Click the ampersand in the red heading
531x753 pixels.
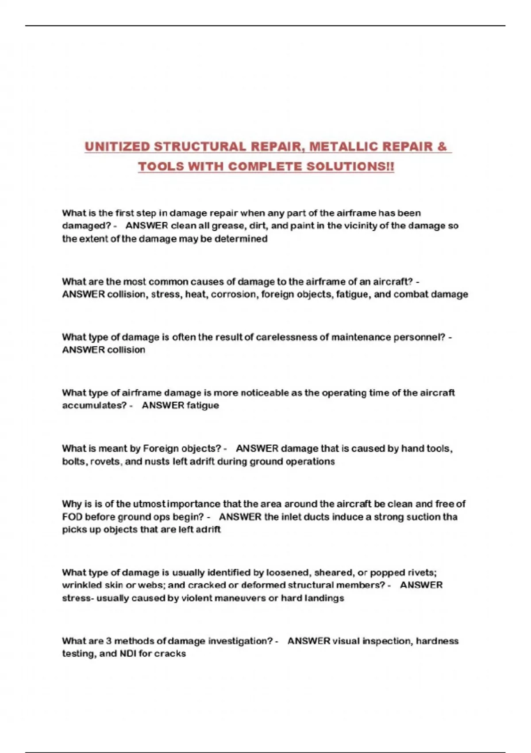tap(442, 147)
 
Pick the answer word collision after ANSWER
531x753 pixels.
tap(126, 350)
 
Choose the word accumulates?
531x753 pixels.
tap(94, 406)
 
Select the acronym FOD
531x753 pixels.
tap(72, 517)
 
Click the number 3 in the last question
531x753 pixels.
tap(109, 641)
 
